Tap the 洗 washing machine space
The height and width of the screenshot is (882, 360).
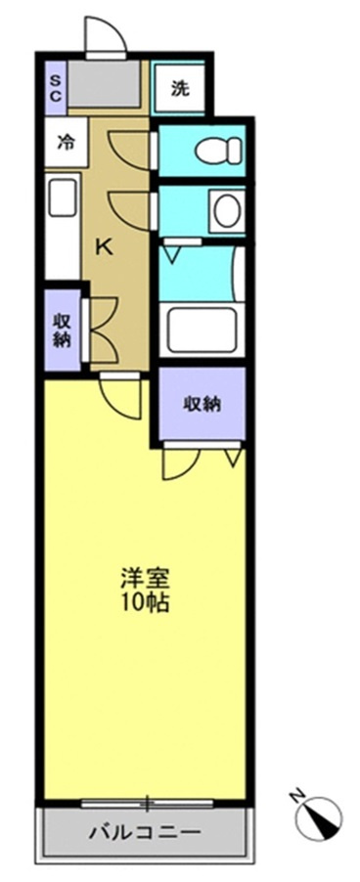pyautogui.click(x=179, y=88)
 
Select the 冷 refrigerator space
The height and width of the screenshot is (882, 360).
pyautogui.click(x=66, y=143)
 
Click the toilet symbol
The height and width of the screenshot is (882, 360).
pyautogui.click(x=218, y=151)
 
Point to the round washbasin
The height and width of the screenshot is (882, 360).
pyautogui.click(x=227, y=211)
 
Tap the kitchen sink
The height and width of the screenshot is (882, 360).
pyautogui.click(x=63, y=197)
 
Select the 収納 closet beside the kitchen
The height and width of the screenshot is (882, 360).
pyautogui.click(x=62, y=331)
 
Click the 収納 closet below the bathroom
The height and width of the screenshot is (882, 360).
pyautogui.click(x=202, y=403)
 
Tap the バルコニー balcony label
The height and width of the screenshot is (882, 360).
pyautogui.click(x=145, y=831)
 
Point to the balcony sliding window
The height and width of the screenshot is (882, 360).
pyautogui.click(x=147, y=803)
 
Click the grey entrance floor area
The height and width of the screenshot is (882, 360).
pyautogui.click(x=106, y=83)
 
